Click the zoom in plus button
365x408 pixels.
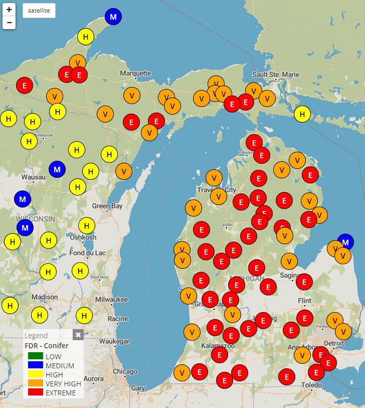point(9,10)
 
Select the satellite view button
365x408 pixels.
point(39,11)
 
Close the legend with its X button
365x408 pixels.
point(78,335)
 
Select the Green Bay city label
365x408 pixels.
point(107,206)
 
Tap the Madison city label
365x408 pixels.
point(44,297)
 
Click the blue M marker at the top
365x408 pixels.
point(112,17)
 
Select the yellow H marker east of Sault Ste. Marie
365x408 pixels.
point(302,113)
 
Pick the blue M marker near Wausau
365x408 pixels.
point(57,169)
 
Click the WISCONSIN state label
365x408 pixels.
point(35,218)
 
